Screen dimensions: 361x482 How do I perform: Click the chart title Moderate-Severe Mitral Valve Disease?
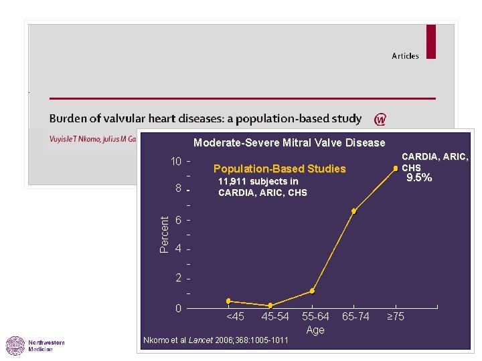pos(289,142)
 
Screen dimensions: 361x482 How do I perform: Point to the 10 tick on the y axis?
pos(176,162)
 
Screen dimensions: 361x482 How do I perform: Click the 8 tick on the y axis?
pos(179,189)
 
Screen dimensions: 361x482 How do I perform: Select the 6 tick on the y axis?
pos(179,221)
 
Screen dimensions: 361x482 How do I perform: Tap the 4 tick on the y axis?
pos(179,249)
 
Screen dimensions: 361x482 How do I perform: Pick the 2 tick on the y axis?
pos(179,278)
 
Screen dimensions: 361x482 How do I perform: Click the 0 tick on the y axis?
pos(179,308)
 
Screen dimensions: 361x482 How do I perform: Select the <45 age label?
pos(235,316)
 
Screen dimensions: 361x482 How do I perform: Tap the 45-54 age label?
pos(275,316)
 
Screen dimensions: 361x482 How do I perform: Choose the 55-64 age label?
pos(315,316)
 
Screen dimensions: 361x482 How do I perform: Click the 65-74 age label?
pos(355,316)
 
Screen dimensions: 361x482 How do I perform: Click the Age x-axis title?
pos(315,330)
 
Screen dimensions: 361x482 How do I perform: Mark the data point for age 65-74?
pos(353,211)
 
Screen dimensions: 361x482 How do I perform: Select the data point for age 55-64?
pos(312,291)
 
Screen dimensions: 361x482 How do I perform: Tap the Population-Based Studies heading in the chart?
pos(279,169)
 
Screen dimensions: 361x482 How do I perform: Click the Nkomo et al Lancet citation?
pos(216,341)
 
